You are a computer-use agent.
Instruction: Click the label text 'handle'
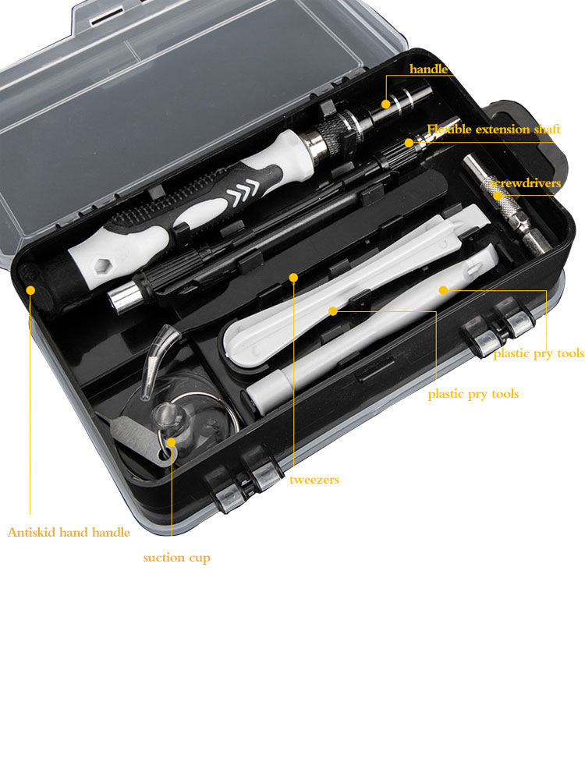point(428,69)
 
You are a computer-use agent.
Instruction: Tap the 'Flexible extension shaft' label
point(494,129)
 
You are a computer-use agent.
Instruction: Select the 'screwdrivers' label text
point(525,183)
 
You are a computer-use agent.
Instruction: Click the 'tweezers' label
point(314,480)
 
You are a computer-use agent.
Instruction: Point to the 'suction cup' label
point(176,558)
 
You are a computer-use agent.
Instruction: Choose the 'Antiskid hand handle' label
point(69,532)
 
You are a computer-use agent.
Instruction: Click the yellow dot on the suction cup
point(171,441)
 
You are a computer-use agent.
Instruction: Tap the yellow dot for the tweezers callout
point(293,278)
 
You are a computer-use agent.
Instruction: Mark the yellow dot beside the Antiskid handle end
point(30,289)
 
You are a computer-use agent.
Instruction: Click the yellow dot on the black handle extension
point(385,104)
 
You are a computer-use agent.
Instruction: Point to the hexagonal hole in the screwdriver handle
point(102,266)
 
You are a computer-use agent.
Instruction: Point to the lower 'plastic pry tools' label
point(473,394)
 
